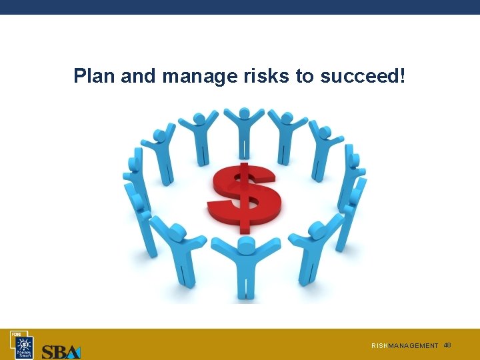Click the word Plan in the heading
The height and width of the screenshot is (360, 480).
95,76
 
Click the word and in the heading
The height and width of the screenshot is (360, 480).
139,76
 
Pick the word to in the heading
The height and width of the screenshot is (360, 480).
305,76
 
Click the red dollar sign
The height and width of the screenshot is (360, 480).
243,195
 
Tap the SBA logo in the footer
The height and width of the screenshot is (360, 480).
61,351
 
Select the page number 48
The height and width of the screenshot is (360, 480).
447,345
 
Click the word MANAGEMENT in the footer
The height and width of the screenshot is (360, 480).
413,346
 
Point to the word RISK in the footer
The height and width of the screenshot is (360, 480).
379,346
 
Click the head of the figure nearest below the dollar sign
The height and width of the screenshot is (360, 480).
245,245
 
